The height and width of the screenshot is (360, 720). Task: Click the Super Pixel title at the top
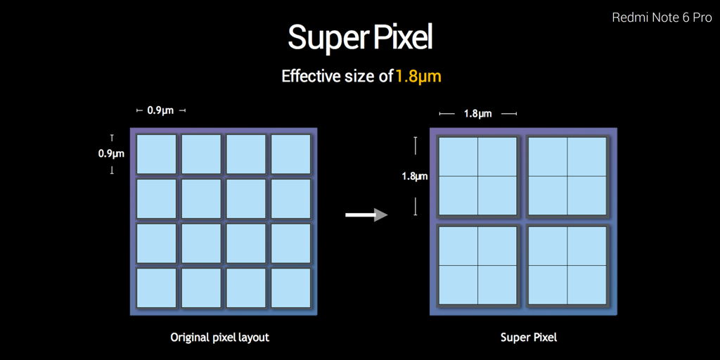[360, 38]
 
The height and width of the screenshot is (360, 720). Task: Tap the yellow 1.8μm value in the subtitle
[418, 76]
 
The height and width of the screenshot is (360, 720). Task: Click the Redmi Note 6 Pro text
[662, 18]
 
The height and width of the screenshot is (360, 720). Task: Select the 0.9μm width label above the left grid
[160, 110]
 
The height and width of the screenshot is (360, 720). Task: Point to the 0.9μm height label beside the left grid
[111, 154]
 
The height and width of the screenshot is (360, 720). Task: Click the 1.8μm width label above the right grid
[477, 114]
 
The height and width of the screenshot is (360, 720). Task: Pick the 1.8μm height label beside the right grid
[415, 176]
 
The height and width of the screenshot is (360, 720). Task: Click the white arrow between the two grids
[366, 214]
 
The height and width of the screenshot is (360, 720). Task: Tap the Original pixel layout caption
[219, 338]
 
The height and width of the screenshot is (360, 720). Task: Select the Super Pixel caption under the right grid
[529, 338]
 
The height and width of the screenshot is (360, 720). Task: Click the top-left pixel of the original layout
[156, 154]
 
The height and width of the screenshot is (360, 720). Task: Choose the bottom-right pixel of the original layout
[290, 288]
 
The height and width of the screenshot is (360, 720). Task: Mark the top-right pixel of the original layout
[290, 154]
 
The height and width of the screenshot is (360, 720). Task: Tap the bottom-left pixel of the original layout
[156, 288]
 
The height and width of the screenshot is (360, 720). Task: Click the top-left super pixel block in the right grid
[477, 176]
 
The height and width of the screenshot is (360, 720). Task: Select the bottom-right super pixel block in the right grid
[567, 265]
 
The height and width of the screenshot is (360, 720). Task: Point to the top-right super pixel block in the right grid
[567, 176]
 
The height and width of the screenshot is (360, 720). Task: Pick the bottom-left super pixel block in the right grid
[477, 265]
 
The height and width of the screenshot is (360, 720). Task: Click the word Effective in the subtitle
[309, 76]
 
